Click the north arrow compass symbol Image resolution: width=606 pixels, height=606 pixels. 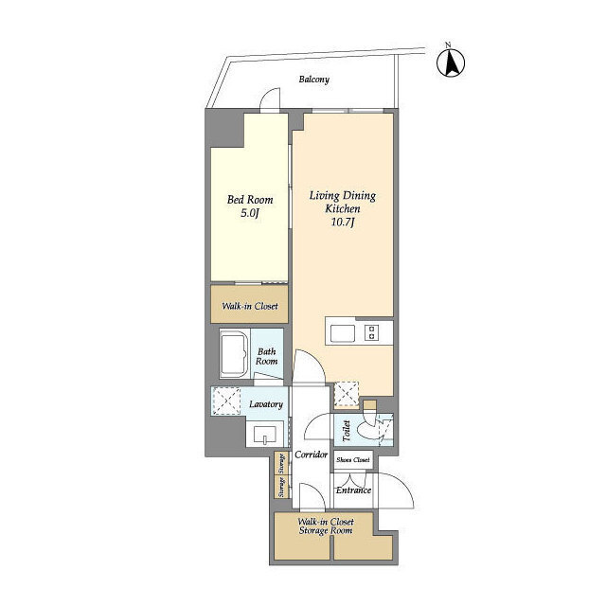pyautogui.click(x=451, y=62)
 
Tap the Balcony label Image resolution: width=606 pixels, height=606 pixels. pyautogui.click(x=314, y=80)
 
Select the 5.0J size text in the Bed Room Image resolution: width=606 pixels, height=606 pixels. pyautogui.click(x=250, y=213)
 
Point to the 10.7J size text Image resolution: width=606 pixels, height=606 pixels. pyautogui.click(x=343, y=223)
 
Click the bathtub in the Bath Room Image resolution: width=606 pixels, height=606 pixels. pyautogui.click(x=235, y=353)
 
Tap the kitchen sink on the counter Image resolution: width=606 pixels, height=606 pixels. pyautogui.click(x=343, y=333)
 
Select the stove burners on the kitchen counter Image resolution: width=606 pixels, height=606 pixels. pyautogui.click(x=372, y=332)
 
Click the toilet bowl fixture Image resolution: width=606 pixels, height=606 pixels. pyautogui.click(x=367, y=427)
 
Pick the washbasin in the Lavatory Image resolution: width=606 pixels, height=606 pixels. pyautogui.click(x=265, y=436)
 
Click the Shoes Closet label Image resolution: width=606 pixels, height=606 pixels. pyautogui.click(x=353, y=460)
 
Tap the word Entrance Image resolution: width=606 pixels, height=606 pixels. pyautogui.click(x=353, y=490)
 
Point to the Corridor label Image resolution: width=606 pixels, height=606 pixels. pyautogui.click(x=312, y=454)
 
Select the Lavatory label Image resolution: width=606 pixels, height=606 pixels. pyautogui.click(x=266, y=404)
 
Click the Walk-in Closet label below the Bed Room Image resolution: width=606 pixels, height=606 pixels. pyautogui.click(x=250, y=306)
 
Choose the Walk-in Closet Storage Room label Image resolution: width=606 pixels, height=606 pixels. pyautogui.click(x=326, y=526)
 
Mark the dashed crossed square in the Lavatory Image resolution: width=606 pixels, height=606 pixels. pyautogui.click(x=226, y=401)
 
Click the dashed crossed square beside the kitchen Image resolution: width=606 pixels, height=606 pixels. pyautogui.click(x=347, y=394)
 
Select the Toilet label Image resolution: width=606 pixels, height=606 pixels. pyautogui.click(x=347, y=431)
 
